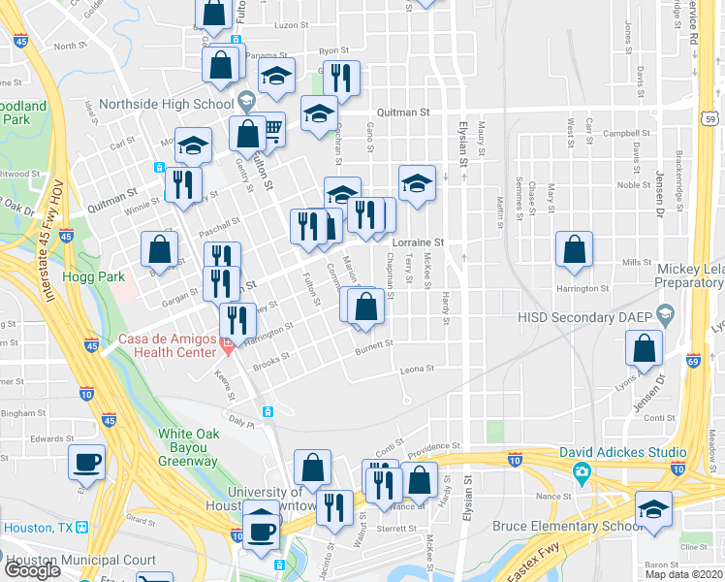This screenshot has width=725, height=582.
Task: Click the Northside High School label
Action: point(167,104)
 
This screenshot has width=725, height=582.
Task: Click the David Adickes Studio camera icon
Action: point(581,473)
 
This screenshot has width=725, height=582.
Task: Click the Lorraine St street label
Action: point(419,242)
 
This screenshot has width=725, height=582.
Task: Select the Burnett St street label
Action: point(373,344)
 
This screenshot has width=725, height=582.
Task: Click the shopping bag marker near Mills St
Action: point(576,248)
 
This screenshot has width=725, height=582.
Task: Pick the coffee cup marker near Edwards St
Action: point(87,463)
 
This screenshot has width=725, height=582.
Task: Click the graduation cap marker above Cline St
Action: point(654,507)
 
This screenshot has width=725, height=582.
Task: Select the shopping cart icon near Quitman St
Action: point(273,127)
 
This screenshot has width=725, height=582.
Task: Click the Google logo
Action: point(32,570)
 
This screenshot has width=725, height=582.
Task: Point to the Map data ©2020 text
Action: point(683,574)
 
